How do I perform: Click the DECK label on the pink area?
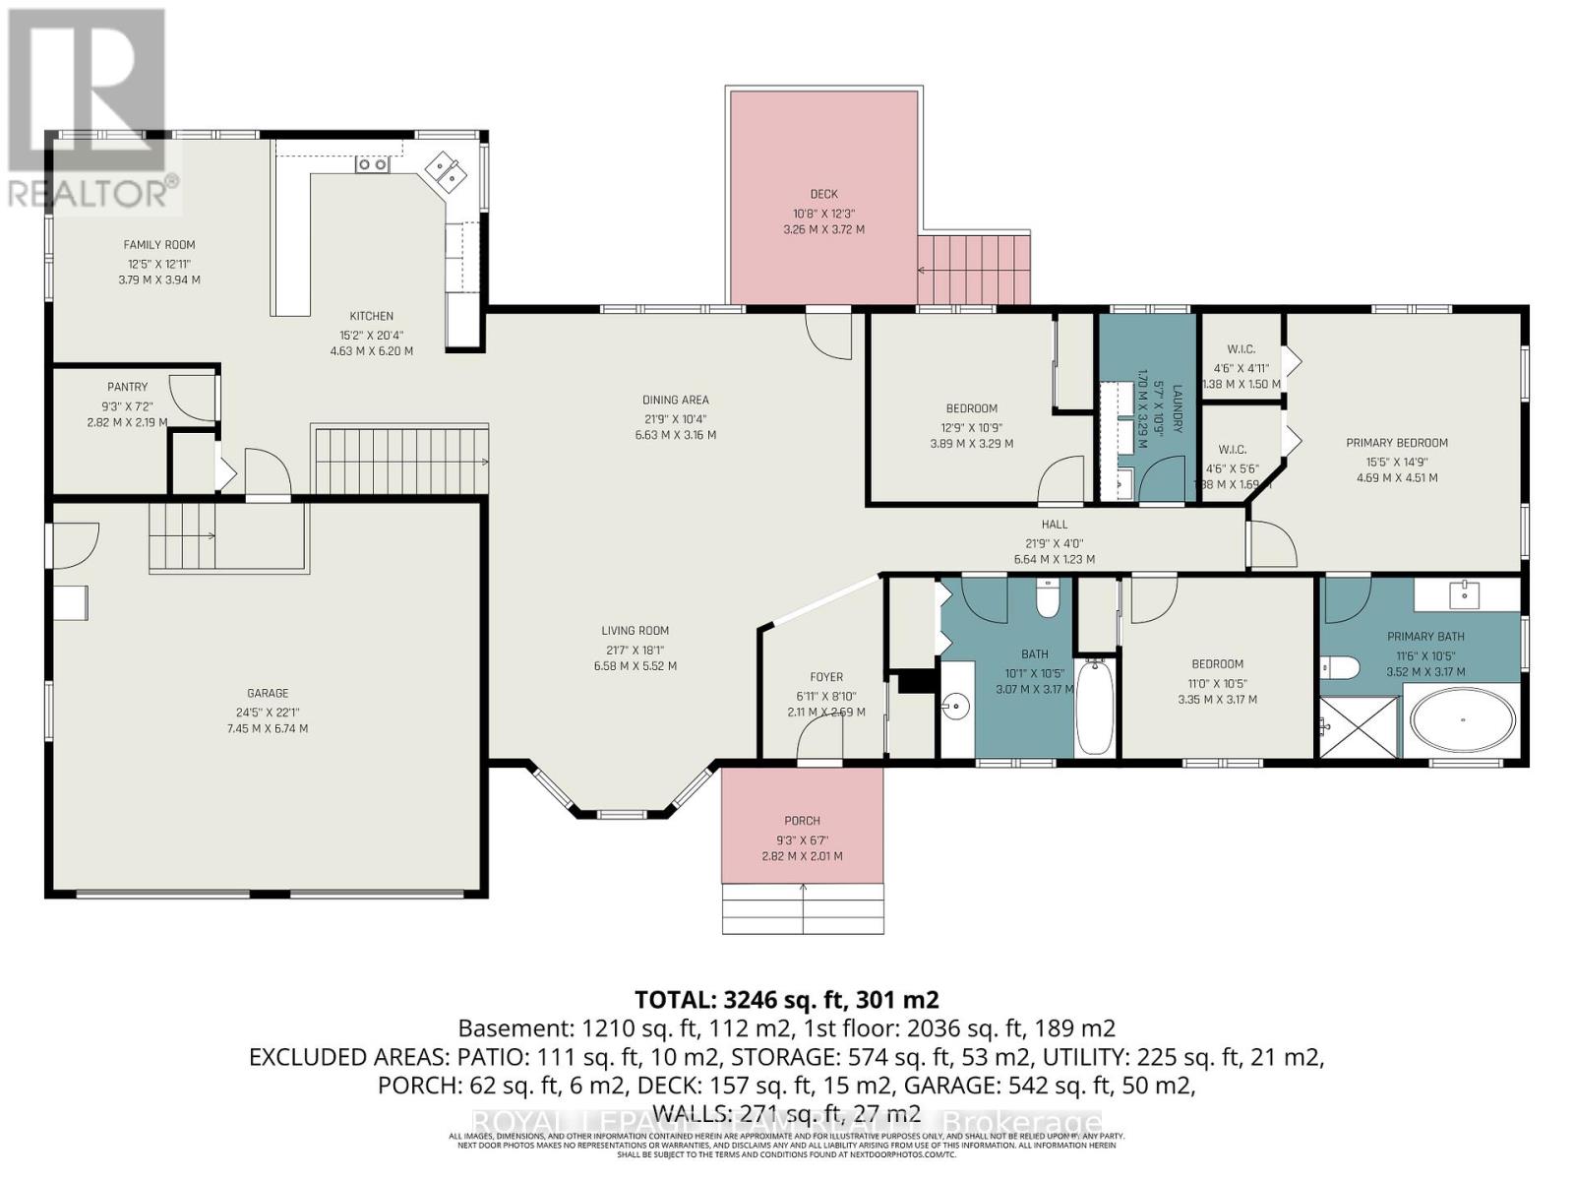coord(823,194)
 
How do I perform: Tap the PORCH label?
coord(802,821)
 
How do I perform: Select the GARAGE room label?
coord(268,693)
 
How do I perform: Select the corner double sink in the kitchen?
coord(446,172)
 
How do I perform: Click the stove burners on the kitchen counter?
coord(372,165)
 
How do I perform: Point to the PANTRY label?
coord(128,387)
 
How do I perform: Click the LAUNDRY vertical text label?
coord(1175,407)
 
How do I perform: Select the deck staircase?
coord(974,269)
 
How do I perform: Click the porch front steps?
coord(803,908)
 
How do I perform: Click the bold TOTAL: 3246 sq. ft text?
coord(786,1000)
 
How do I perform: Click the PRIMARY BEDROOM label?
coord(1397,443)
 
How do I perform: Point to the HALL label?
coord(1054,525)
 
